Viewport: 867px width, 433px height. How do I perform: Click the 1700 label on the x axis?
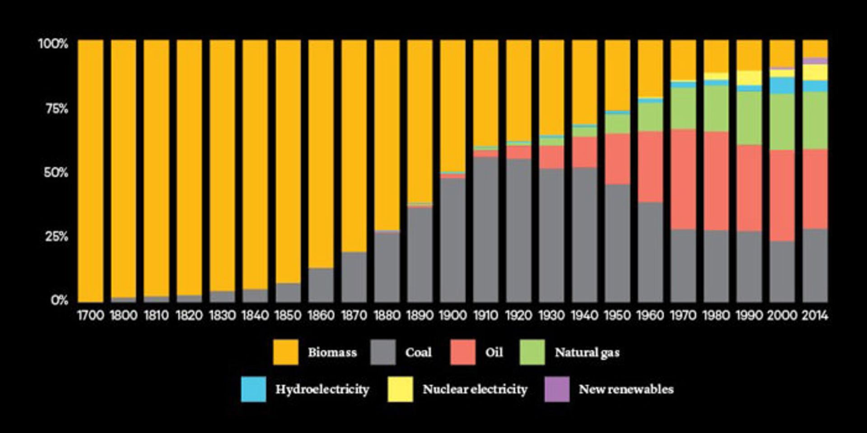point(90,315)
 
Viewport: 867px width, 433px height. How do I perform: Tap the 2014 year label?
point(815,315)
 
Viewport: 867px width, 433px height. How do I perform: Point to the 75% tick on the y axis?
point(56,108)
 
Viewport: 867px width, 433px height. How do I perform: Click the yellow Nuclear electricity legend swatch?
point(400,389)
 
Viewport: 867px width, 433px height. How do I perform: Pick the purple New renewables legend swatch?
point(557,389)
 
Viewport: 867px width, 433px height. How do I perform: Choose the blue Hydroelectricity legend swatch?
point(253,389)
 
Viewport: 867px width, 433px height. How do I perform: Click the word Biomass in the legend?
point(332,352)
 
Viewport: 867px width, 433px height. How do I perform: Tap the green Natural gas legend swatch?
point(532,352)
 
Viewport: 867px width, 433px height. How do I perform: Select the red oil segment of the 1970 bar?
point(683,180)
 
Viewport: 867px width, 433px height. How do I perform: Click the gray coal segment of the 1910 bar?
point(485,230)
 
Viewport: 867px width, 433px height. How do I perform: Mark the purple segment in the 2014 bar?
point(815,61)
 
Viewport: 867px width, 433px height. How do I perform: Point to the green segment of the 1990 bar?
point(749,118)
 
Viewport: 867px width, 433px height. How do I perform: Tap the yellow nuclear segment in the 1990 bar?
point(749,78)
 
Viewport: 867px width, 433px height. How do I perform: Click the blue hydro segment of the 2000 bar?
point(782,85)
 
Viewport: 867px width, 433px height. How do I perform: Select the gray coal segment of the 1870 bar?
point(354,277)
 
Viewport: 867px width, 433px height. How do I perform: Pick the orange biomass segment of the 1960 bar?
point(650,68)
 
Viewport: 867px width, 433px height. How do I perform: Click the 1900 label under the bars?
point(452,315)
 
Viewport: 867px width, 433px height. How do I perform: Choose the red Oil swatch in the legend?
point(463,352)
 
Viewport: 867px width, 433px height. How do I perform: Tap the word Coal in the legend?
point(418,352)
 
